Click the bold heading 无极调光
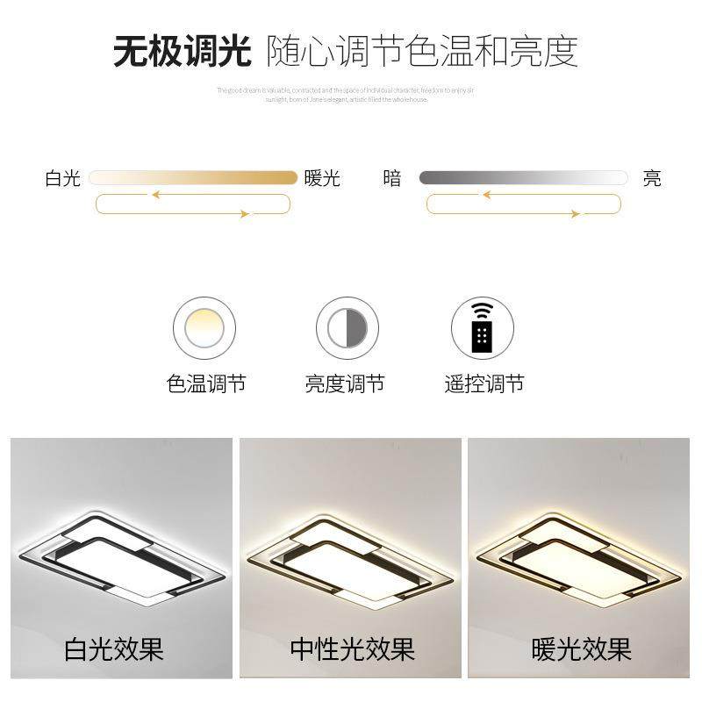[183, 52]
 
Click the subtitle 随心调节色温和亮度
[422, 52]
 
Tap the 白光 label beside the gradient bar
[62, 179]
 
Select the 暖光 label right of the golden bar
[322, 179]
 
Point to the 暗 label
[392, 179]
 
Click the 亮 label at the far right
[652, 179]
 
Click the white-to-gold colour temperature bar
[193, 177]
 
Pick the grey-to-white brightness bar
[523, 177]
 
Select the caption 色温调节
[206, 384]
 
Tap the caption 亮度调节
[345, 384]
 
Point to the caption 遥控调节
[484, 384]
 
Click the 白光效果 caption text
[114, 650]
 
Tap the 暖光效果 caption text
[581, 650]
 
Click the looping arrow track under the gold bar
[192, 204]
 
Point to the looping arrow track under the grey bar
[523, 204]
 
